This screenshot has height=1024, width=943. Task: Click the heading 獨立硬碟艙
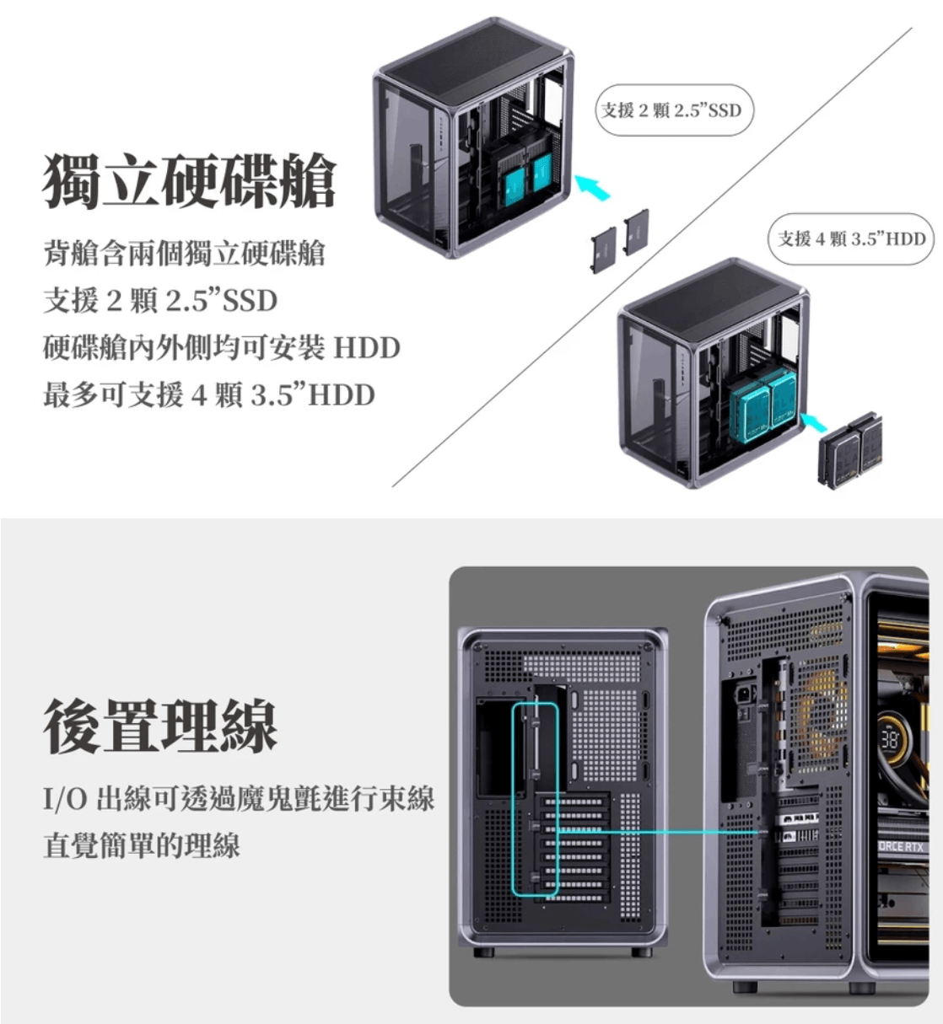(x=190, y=180)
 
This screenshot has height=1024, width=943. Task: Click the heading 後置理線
(x=160, y=725)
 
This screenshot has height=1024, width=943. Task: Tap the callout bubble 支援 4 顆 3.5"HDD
(x=851, y=239)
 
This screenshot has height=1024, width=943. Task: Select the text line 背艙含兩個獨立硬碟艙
(x=184, y=253)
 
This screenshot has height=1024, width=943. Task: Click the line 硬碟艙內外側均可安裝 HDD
(x=221, y=347)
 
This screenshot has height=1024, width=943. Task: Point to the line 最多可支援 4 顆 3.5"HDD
(x=209, y=394)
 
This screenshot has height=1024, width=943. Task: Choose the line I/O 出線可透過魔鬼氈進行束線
(x=239, y=797)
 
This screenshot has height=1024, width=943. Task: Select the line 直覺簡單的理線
(x=142, y=844)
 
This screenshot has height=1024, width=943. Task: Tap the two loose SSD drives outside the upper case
(x=620, y=239)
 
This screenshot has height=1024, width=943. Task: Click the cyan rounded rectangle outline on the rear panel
(x=536, y=797)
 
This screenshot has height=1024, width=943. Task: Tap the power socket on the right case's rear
(x=746, y=695)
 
